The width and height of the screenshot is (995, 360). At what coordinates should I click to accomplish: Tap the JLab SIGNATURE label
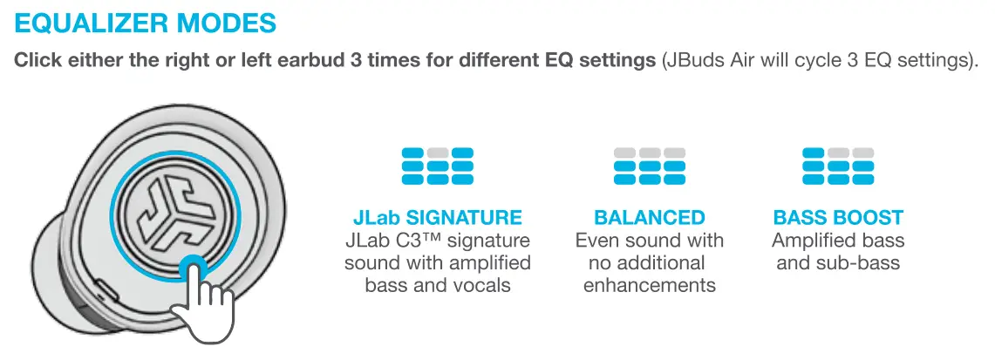point(438,217)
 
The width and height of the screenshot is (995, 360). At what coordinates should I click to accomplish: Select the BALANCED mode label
point(650,217)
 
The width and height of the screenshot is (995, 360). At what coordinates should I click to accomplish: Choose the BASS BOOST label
point(838,217)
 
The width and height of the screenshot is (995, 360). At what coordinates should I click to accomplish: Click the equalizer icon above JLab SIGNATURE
point(438,166)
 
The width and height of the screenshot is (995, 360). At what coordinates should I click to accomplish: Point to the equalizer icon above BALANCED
point(650,166)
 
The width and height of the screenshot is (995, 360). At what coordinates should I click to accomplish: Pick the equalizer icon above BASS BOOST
point(838,166)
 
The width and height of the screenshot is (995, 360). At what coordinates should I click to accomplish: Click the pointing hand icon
point(204,302)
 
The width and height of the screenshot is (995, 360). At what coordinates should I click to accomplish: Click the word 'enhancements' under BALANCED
point(650,285)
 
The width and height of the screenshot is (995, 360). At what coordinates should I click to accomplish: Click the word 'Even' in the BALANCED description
point(597,240)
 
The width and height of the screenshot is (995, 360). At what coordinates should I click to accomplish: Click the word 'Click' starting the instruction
point(37,63)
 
